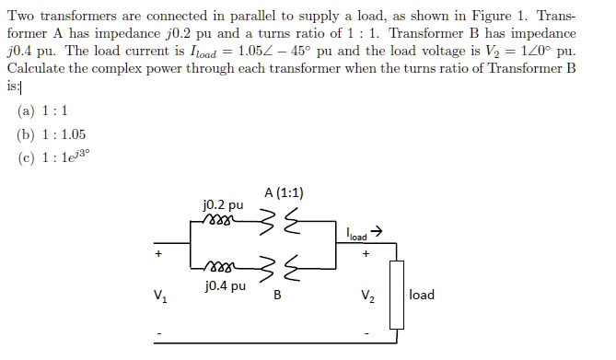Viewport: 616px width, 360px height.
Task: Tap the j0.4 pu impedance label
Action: [x=225, y=286]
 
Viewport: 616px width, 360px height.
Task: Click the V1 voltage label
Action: [x=162, y=296]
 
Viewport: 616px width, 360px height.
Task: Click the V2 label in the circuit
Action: [x=367, y=296]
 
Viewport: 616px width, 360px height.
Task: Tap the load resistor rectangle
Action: [x=397, y=294]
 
